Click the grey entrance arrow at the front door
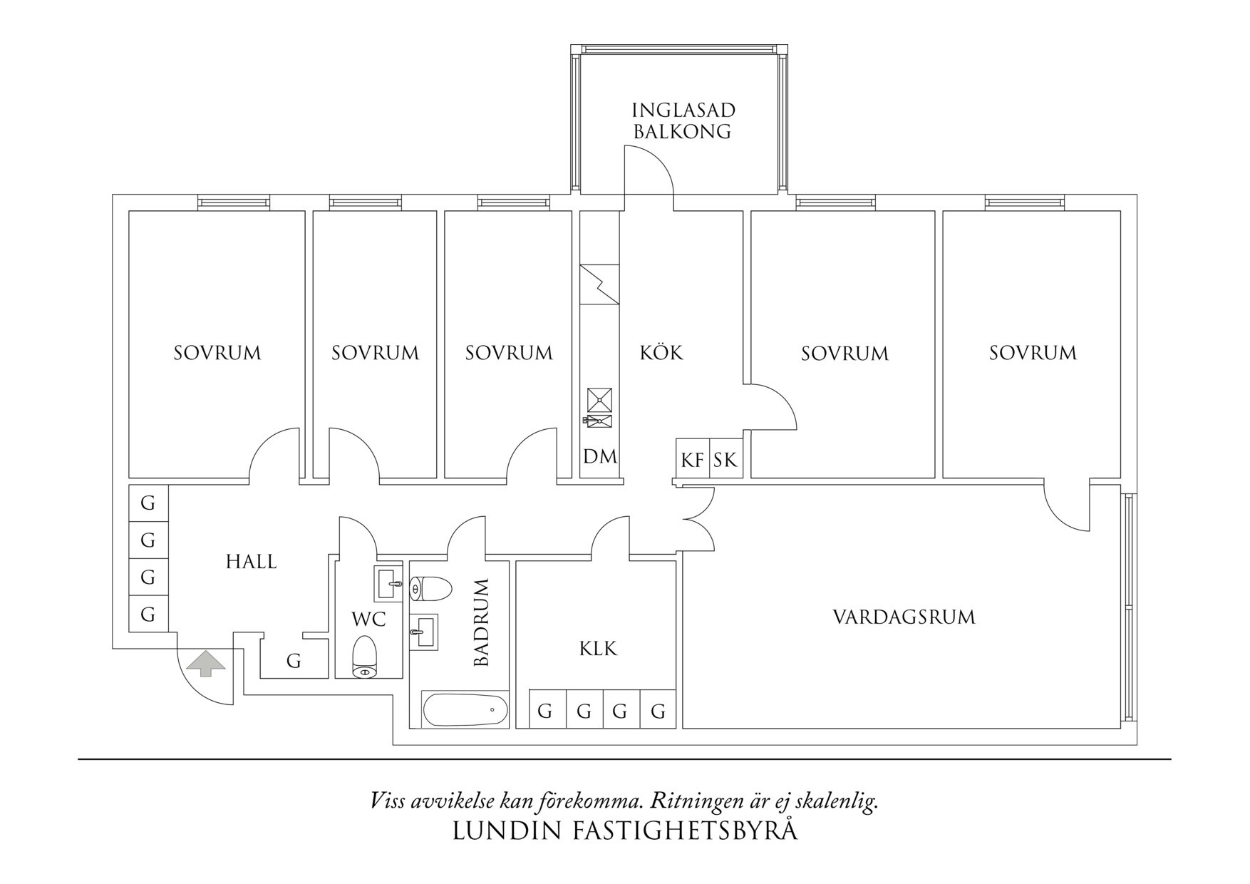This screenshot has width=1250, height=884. pos(206,663)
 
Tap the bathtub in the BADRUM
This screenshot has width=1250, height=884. pos(465,709)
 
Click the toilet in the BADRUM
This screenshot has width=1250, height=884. pos(432,589)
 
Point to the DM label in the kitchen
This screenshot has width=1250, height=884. pos(600,457)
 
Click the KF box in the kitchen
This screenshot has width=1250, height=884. pos(692,460)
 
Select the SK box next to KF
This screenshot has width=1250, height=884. pos(725,460)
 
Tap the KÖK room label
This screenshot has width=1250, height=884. pos(661,352)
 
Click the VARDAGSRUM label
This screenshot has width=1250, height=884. pos(904,617)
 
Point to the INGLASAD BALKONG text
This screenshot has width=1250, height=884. pos(683,120)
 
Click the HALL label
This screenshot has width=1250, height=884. pos(251,562)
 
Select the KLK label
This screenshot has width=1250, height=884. pos(598,649)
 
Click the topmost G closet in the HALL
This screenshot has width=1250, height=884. pos(148,503)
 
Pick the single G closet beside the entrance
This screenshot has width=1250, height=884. pos(294,661)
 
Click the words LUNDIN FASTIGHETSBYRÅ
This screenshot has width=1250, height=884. pos(625,831)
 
